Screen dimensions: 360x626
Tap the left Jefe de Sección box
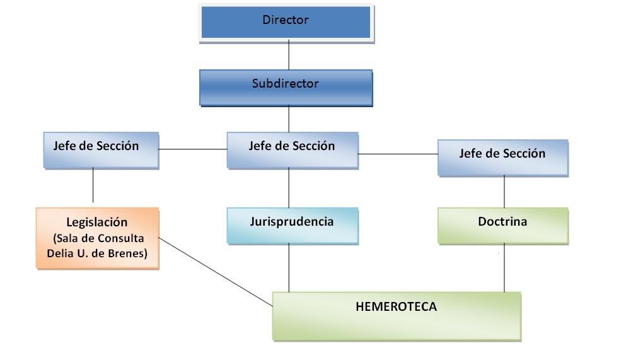pos(101,149)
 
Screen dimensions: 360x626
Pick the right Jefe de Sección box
pos(502,157)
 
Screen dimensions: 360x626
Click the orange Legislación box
pos(96,238)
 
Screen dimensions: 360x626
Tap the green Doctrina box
pos(502,225)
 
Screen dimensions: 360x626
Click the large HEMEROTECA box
pos(397,315)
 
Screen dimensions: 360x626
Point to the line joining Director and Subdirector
pos(289,55)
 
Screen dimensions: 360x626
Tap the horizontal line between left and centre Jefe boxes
pos(193,149)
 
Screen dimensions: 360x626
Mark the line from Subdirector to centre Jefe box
pos(289,119)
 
